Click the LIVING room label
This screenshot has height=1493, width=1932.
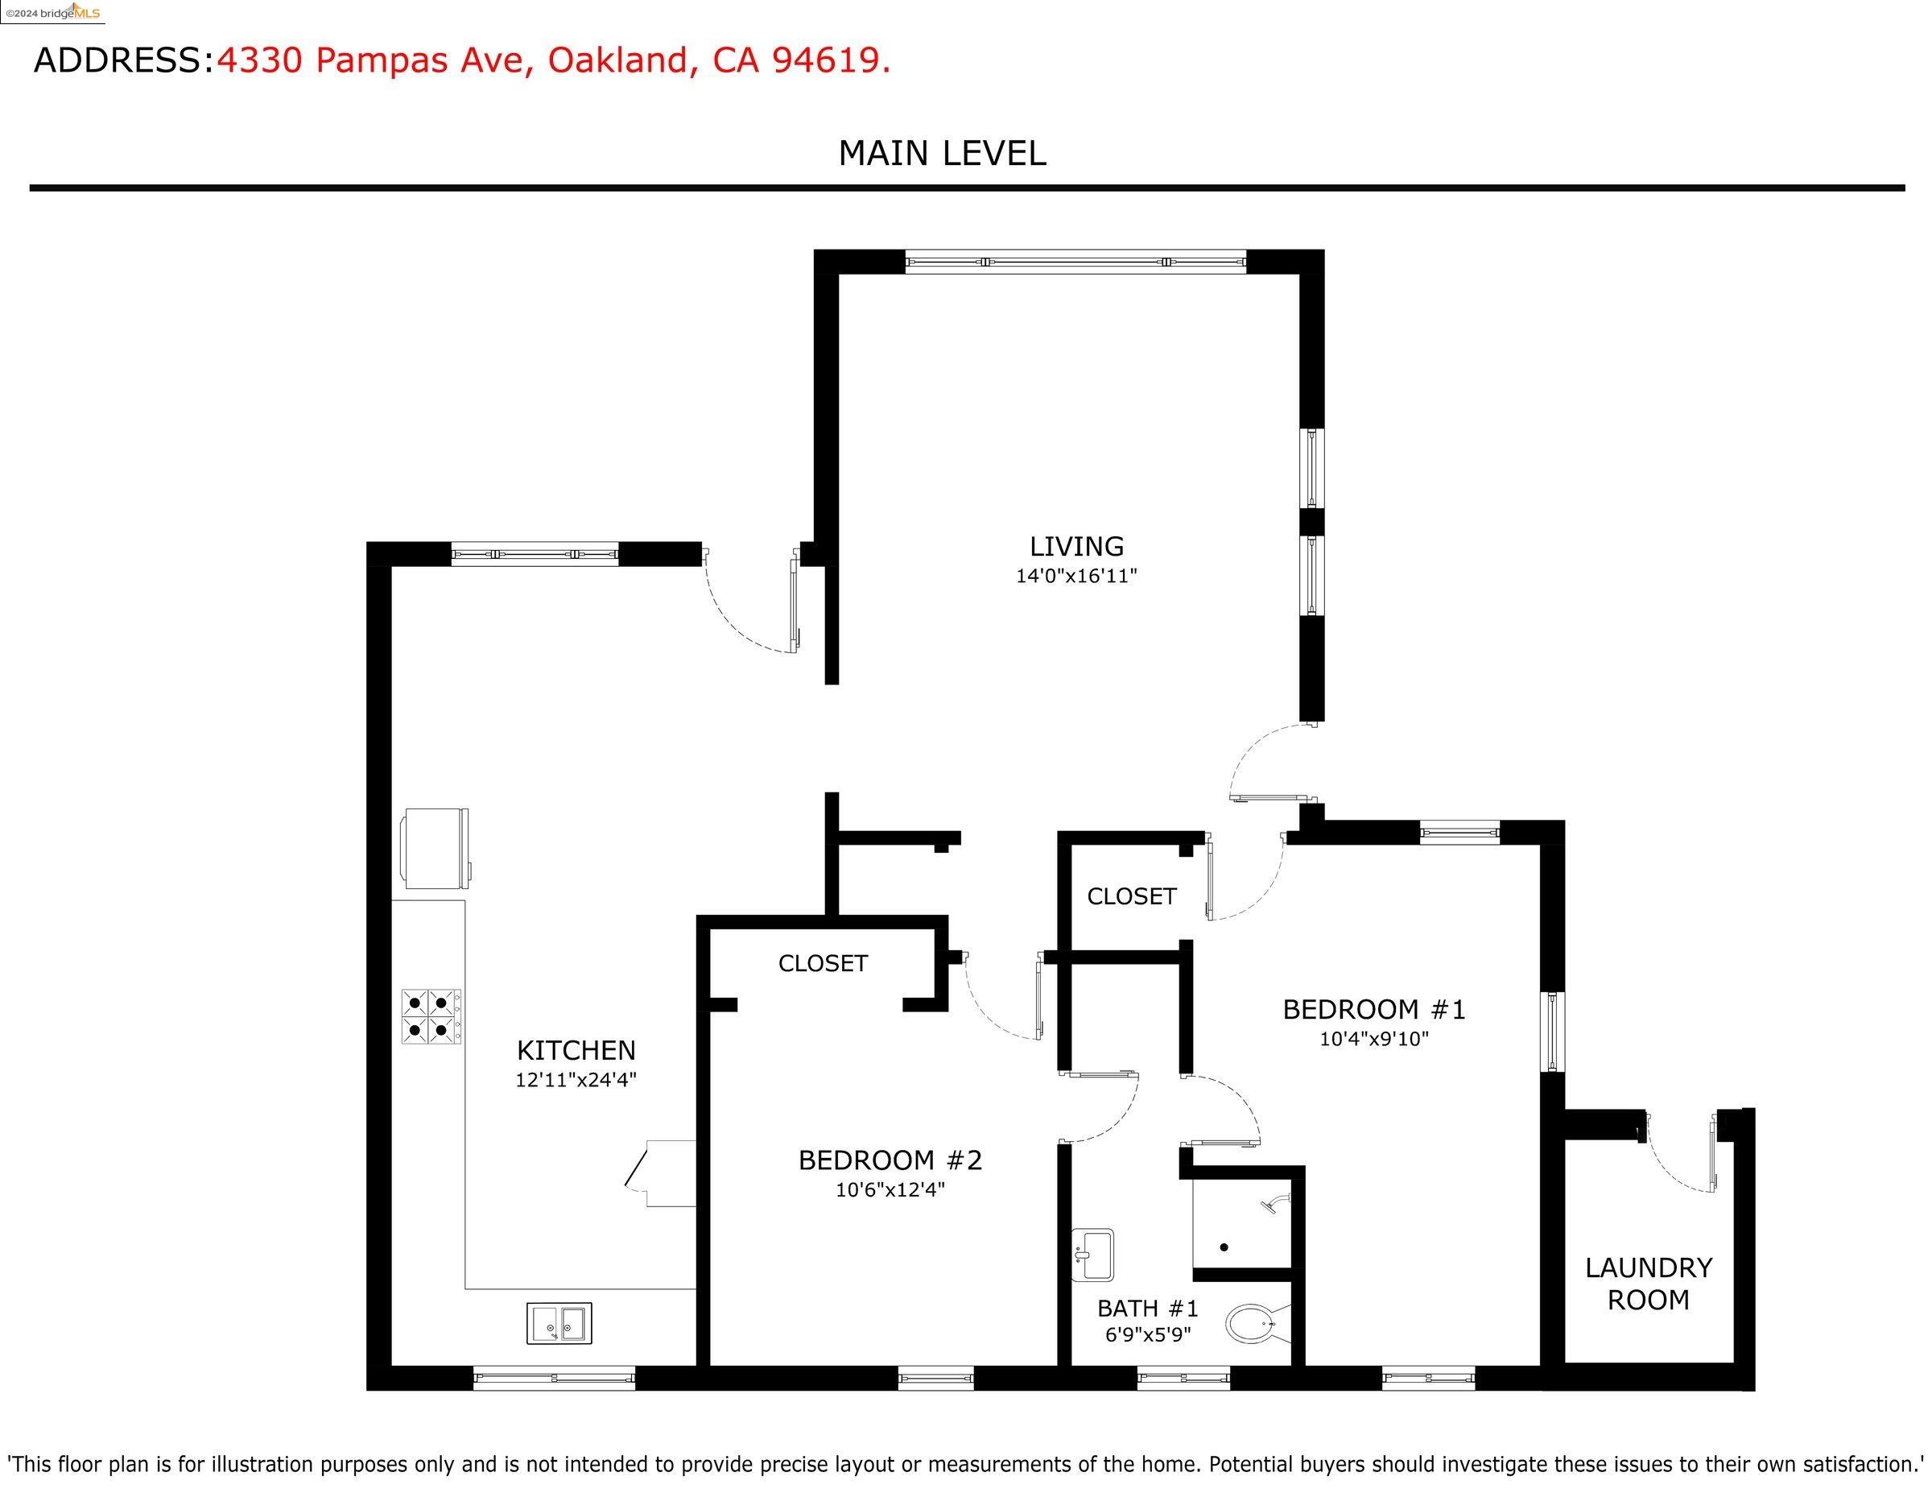pos(1075,546)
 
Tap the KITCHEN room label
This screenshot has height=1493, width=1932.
pos(576,1051)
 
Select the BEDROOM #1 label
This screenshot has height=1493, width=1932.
pos(1374,1009)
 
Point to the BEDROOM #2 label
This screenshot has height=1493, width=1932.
pos(890,1160)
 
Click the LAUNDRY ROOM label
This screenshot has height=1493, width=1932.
pos(1648,1284)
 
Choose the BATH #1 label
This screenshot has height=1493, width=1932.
pos(1147,1308)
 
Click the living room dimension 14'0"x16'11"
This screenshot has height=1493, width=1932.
pos(1075,576)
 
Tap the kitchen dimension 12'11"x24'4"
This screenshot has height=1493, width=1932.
pos(576,1080)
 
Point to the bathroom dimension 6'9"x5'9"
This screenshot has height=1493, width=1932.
pos(1147,1334)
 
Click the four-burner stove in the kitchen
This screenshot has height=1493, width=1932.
pos(431,1016)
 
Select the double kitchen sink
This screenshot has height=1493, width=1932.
pos(559,1323)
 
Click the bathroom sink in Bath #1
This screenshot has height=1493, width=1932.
pos(1092,1255)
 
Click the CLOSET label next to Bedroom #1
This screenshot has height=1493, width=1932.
pos(1131,896)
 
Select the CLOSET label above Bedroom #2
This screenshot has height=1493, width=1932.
pos(823,963)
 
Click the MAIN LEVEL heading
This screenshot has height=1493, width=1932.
pos(942,153)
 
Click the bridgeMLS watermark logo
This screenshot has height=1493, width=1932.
pos(52,12)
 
